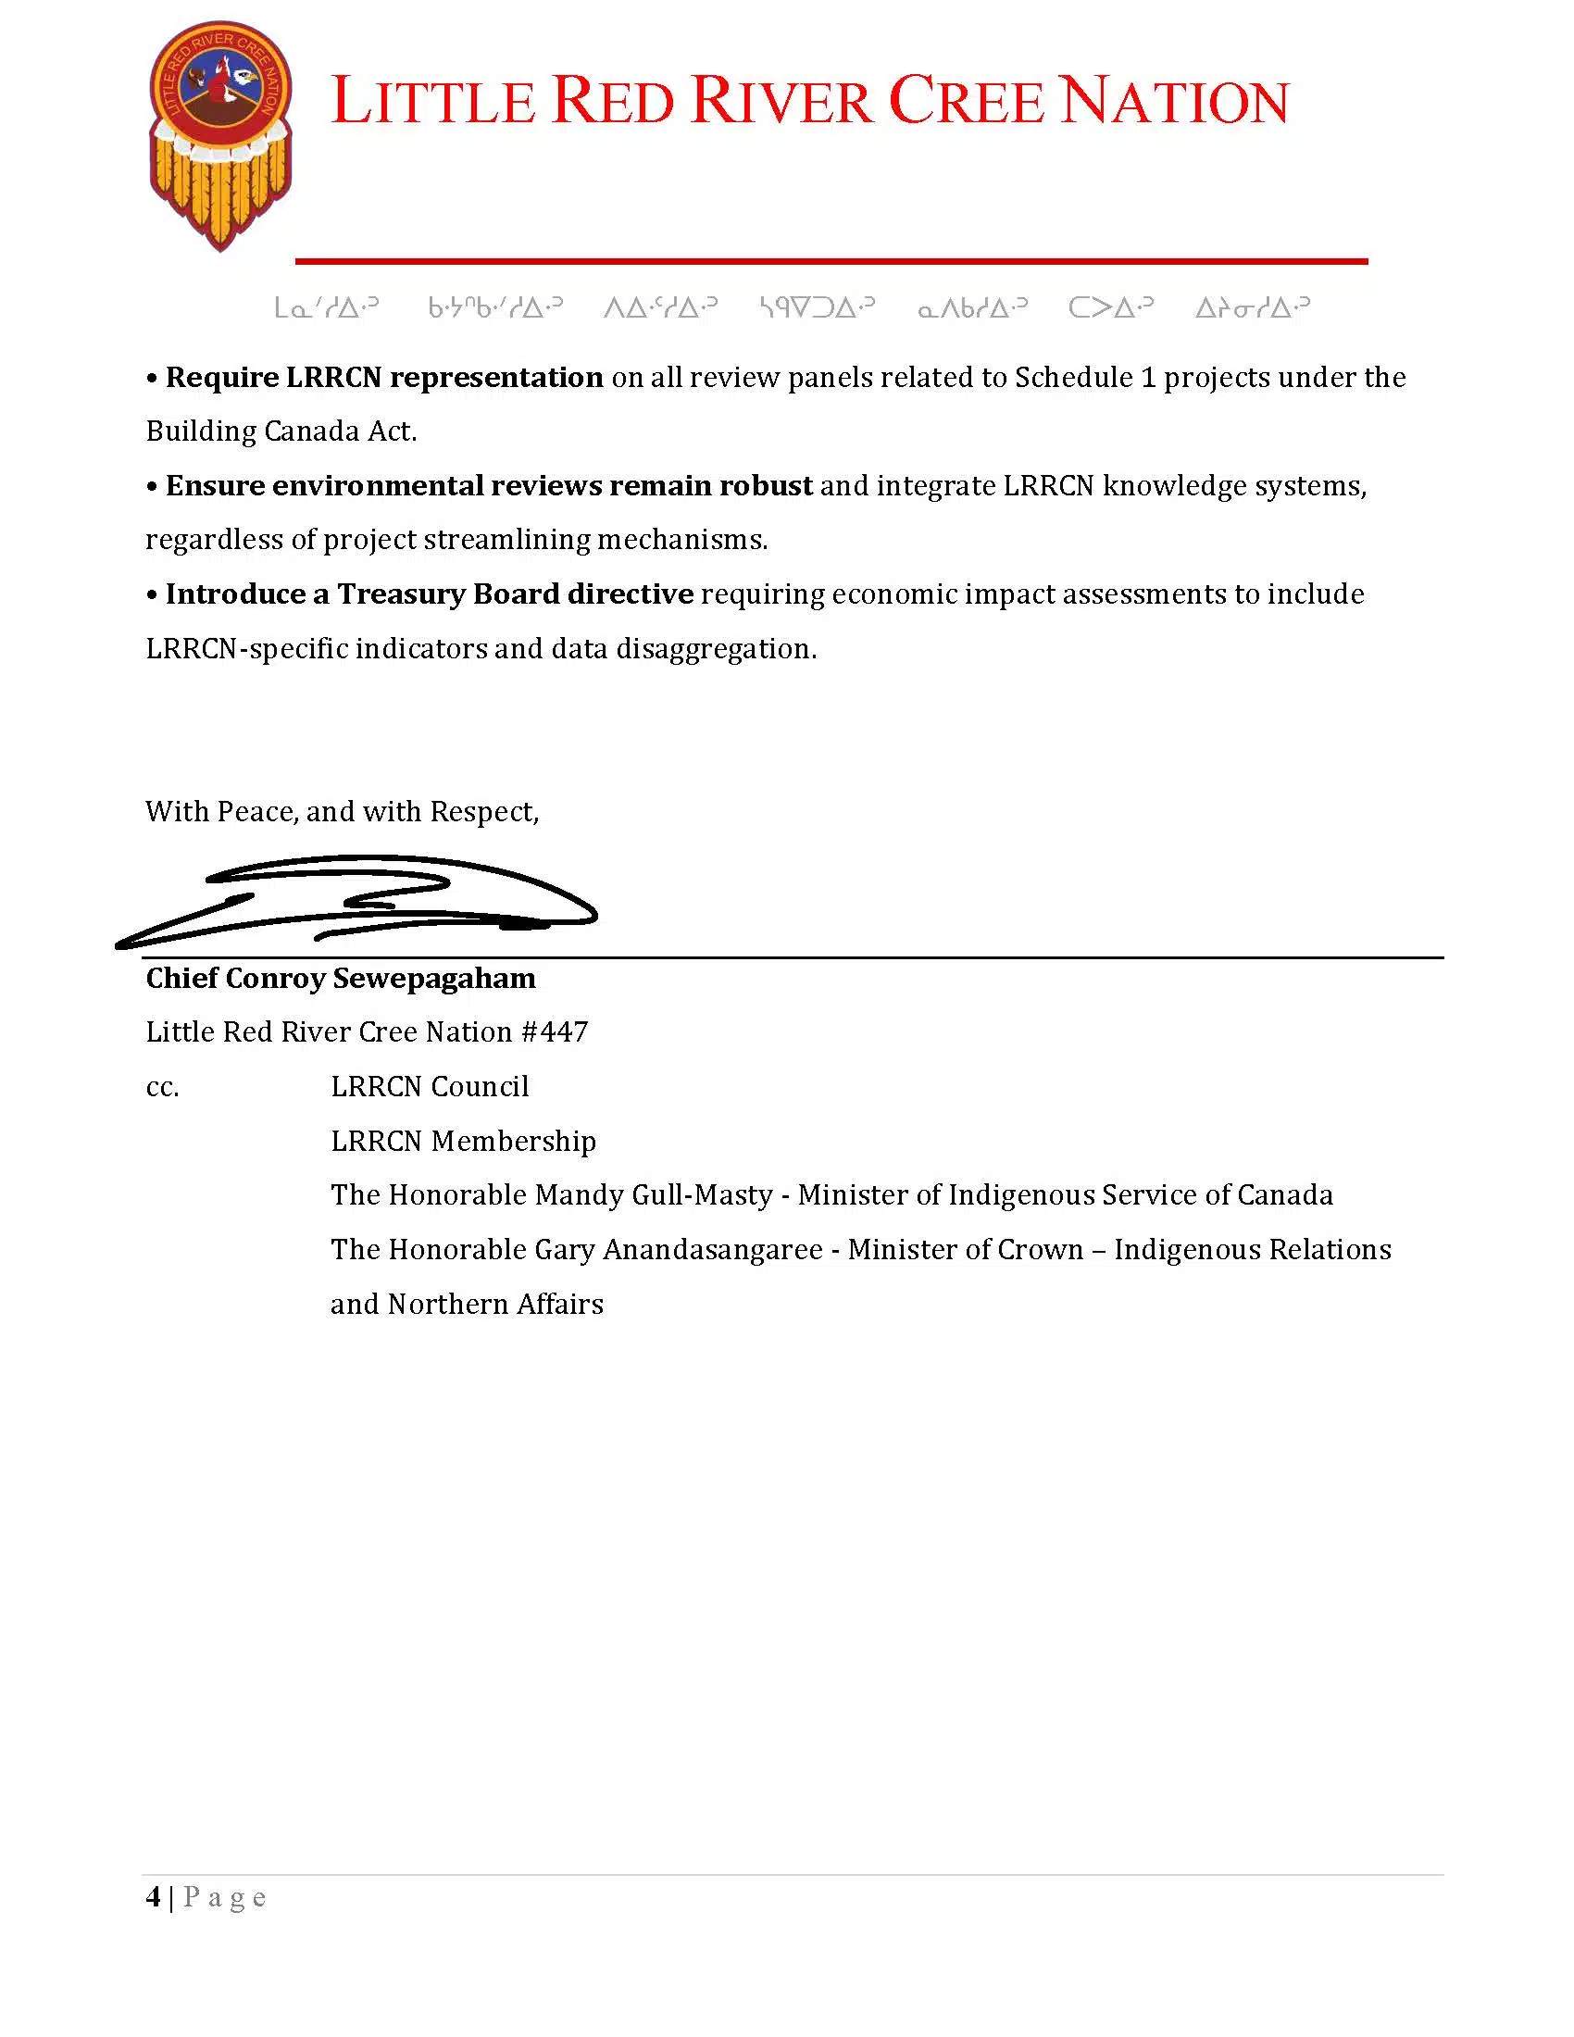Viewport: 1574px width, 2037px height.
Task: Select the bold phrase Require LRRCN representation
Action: (384, 378)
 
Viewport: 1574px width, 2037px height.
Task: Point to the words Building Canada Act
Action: (281, 431)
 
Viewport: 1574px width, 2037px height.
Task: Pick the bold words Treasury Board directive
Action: (515, 594)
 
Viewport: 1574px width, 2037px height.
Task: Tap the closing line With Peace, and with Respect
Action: (343, 811)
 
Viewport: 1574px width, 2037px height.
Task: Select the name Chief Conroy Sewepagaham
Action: (341, 979)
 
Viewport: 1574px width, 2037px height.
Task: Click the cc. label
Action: (162, 1088)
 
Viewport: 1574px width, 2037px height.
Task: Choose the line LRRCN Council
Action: (429, 1087)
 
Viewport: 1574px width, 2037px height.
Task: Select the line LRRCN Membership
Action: (463, 1141)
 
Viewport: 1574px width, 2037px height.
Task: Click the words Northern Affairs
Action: (495, 1304)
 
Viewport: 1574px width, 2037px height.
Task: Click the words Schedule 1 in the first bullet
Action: (1084, 378)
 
